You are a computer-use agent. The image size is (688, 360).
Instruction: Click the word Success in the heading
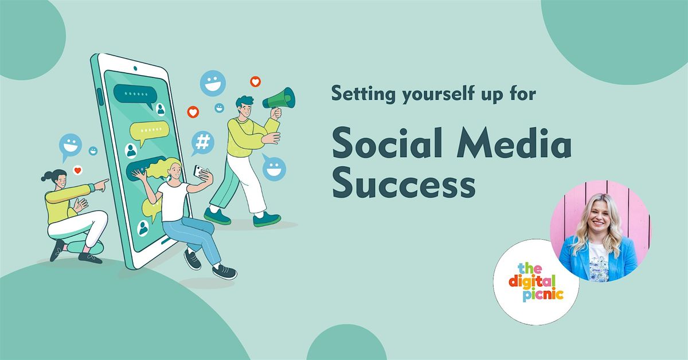(404, 183)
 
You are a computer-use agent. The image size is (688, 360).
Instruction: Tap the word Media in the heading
(514, 143)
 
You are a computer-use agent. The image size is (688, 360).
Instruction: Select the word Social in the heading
(388, 143)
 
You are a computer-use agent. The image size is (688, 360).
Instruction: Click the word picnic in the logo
(543, 295)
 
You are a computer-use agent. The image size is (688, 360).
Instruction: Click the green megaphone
(280, 98)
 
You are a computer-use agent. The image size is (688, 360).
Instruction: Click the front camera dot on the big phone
(135, 68)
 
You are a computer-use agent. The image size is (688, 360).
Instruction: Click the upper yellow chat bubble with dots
(150, 131)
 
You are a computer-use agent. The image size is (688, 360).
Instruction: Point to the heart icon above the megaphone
(255, 81)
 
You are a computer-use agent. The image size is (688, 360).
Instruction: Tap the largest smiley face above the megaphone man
(213, 83)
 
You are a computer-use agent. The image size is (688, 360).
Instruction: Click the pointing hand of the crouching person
(101, 185)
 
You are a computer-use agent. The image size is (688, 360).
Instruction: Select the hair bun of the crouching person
(45, 177)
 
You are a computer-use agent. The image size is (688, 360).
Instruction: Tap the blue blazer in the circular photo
(597, 258)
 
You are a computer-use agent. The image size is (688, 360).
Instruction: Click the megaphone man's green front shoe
(267, 220)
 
